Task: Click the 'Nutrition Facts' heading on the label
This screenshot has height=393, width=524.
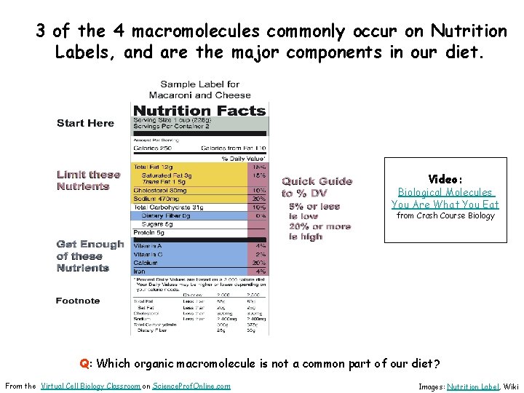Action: [x=199, y=111]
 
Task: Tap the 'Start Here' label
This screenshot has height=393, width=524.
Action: [x=85, y=123]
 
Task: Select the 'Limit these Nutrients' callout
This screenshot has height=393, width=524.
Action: [x=88, y=180]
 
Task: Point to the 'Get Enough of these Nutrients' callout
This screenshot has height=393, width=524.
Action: [x=90, y=256]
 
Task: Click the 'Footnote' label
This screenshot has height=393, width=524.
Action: [x=78, y=301]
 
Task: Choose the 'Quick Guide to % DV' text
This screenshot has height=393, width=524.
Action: [x=317, y=187]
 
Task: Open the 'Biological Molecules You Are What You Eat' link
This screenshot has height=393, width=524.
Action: [x=445, y=199]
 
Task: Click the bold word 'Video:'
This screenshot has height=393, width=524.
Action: [x=445, y=179]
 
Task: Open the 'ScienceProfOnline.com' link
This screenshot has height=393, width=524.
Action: [x=191, y=386]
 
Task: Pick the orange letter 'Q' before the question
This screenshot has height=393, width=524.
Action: [x=84, y=363]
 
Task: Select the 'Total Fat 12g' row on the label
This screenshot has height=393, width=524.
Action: [x=152, y=167]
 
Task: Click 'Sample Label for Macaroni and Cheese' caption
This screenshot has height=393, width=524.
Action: [x=199, y=90]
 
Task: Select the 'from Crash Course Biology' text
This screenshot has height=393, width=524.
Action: [x=445, y=215]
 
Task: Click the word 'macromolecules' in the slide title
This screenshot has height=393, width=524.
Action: [x=196, y=31]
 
